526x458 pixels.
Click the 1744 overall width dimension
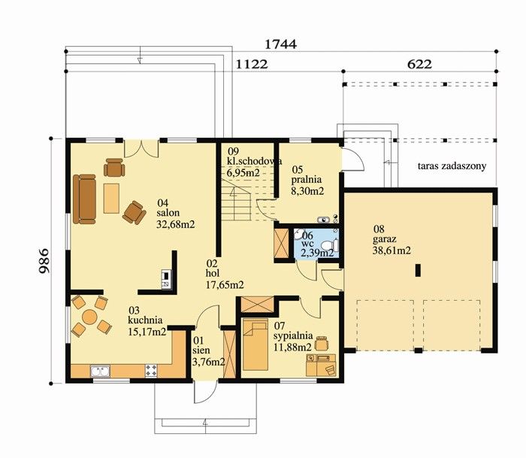tap(281, 44)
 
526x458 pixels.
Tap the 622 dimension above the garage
tap(419, 64)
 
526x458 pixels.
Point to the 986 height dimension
tap(44, 261)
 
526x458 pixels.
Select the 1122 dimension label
tap(252, 64)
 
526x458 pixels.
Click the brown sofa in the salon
tap(84, 199)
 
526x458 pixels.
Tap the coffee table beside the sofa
tap(111, 198)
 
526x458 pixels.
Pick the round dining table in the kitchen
tap(89, 317)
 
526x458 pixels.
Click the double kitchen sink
tap(100, 372)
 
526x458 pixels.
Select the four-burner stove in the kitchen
tap(151, 371)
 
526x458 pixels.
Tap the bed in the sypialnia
tap(255, 344)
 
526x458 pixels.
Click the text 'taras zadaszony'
tap(452, 166)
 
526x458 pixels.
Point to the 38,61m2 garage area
tap(391, 250)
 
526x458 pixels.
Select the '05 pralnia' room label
tap(307, 174)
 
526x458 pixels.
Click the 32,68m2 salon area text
tap(175, 224)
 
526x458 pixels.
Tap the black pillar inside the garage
tap(418, 270)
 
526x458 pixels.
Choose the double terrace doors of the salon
tap(141, 148)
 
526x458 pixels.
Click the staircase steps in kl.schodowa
tap(236, 200)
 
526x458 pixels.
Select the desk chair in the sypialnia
tap(322, 343)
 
